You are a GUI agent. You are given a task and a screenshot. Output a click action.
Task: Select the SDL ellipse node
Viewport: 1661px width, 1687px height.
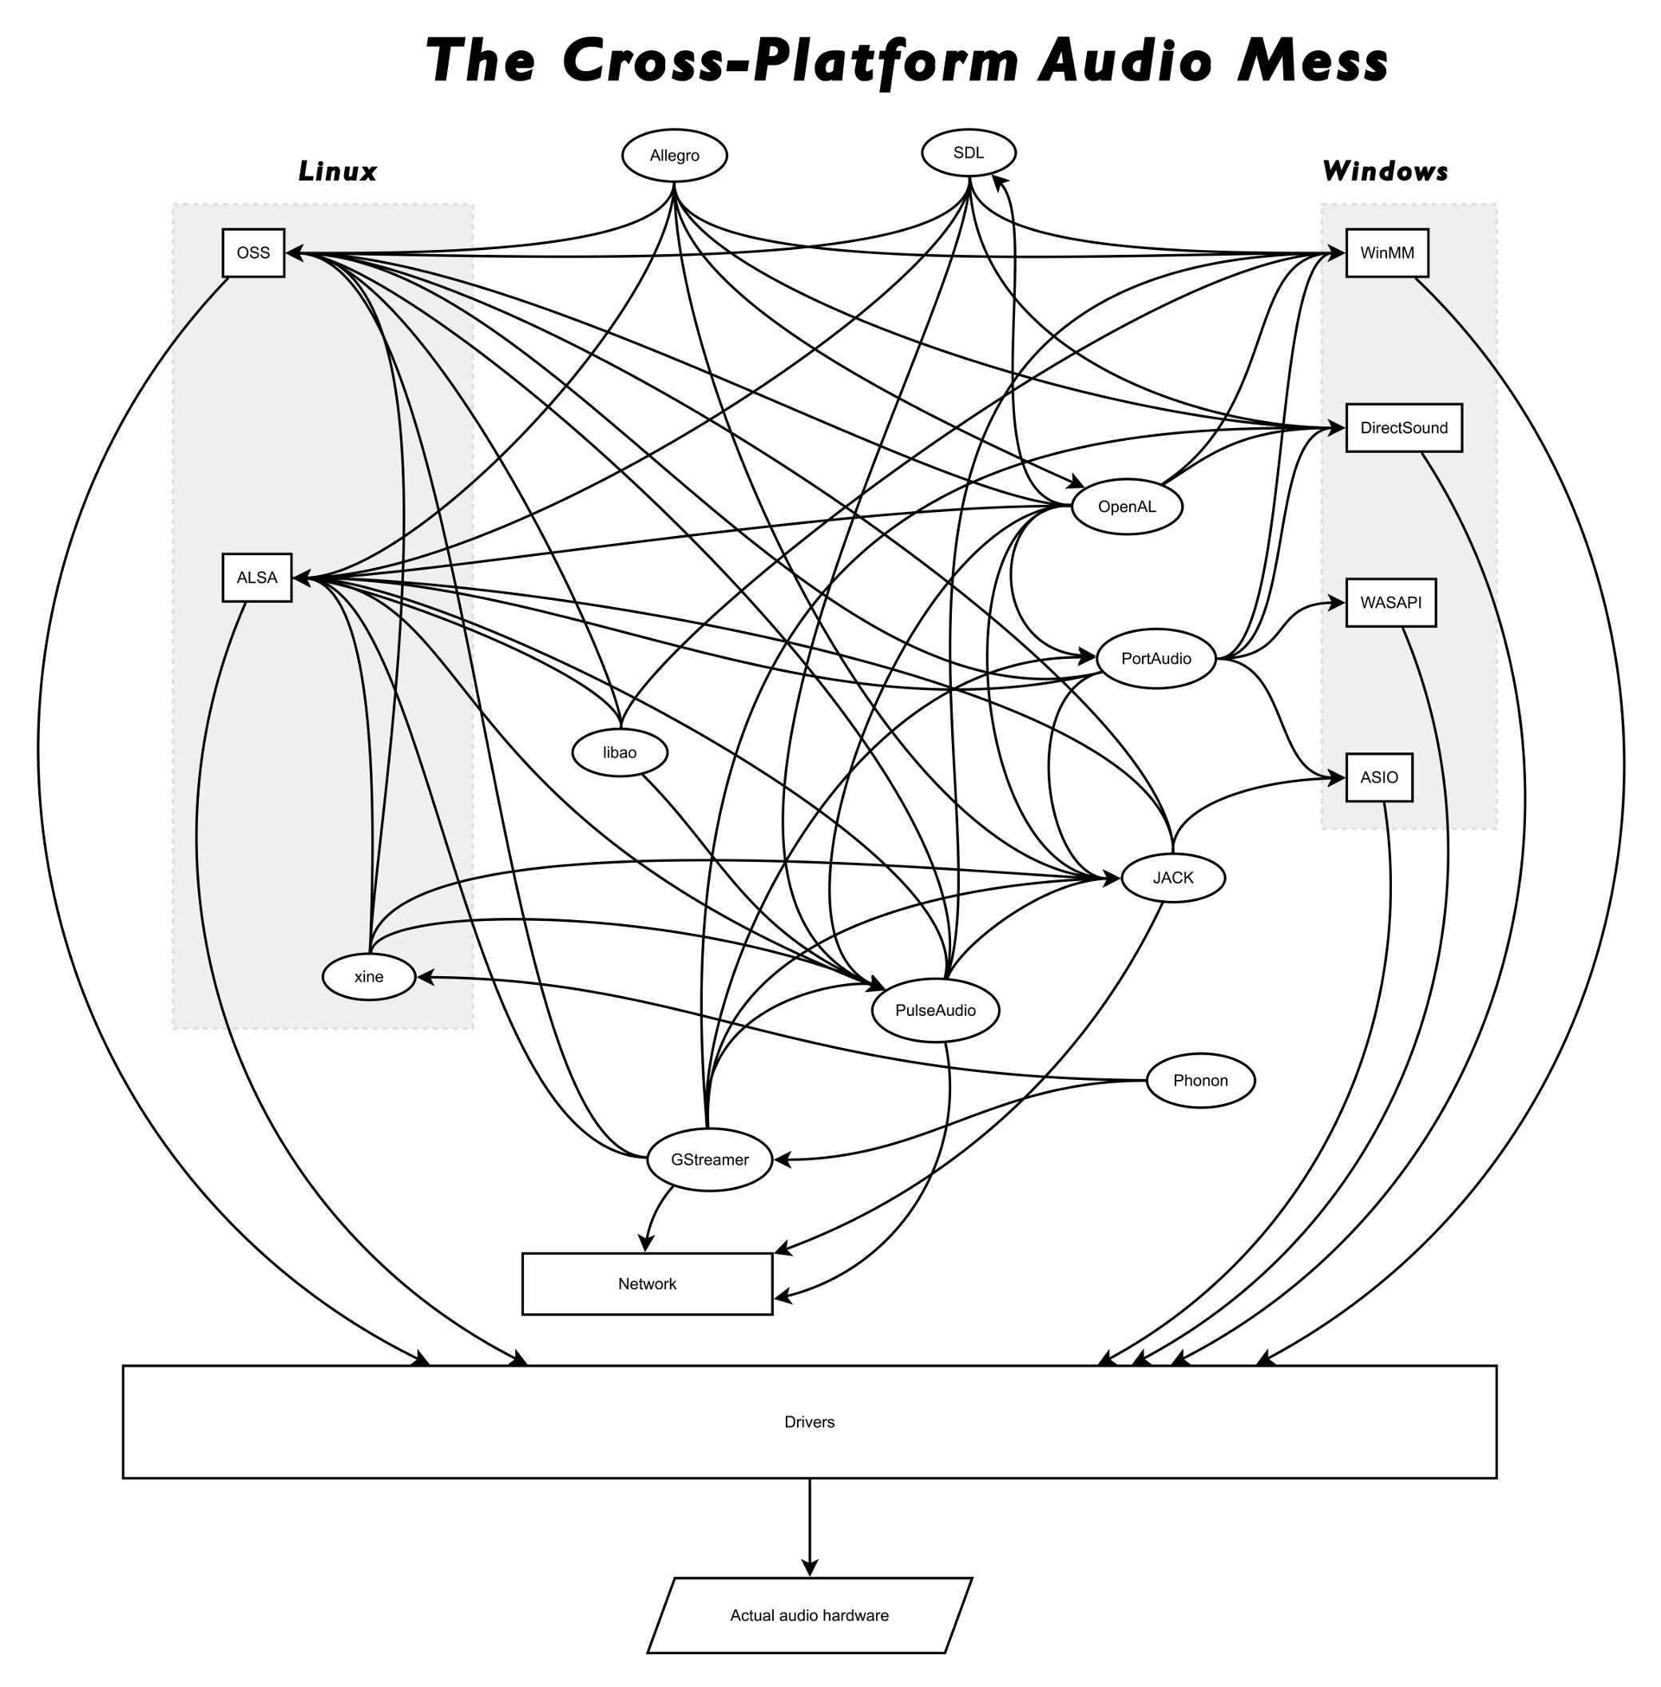[969, 153]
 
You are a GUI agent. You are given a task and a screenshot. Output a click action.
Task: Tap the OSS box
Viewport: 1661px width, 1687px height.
[254, 253]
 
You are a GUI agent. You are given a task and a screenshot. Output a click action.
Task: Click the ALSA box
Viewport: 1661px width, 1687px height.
[257, 578]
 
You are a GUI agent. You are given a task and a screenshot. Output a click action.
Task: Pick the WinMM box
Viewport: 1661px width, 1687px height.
[1387, 253]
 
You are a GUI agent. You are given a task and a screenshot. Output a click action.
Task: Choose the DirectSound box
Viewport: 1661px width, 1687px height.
[1404, 427]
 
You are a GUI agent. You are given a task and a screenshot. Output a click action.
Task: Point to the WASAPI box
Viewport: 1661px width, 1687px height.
[1390, 603]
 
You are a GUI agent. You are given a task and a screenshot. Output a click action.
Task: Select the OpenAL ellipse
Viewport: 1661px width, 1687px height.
[1127, 507]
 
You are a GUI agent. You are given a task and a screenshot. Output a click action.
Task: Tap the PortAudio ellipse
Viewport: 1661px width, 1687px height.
[1156, 659]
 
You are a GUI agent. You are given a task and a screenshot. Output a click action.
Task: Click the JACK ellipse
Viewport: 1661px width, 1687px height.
[1173, 878]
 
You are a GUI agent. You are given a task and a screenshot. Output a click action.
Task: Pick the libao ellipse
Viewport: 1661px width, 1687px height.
[620, 752]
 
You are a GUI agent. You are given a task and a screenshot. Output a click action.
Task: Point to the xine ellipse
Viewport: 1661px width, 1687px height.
[369, 977]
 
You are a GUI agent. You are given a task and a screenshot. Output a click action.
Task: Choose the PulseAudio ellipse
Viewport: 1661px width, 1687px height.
[935, 1010]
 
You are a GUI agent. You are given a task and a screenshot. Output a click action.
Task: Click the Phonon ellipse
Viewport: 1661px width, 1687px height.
[1200, 1081]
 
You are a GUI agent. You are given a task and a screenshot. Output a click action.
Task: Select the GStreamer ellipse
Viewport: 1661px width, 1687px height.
[709, 1160]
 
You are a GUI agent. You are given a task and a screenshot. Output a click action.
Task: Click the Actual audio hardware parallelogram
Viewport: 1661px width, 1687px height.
[810, 1615]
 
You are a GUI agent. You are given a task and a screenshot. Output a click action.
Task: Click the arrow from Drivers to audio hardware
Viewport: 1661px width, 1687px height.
[810, 1527]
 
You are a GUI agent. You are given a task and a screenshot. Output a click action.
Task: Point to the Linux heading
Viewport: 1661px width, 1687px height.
[338, 172]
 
